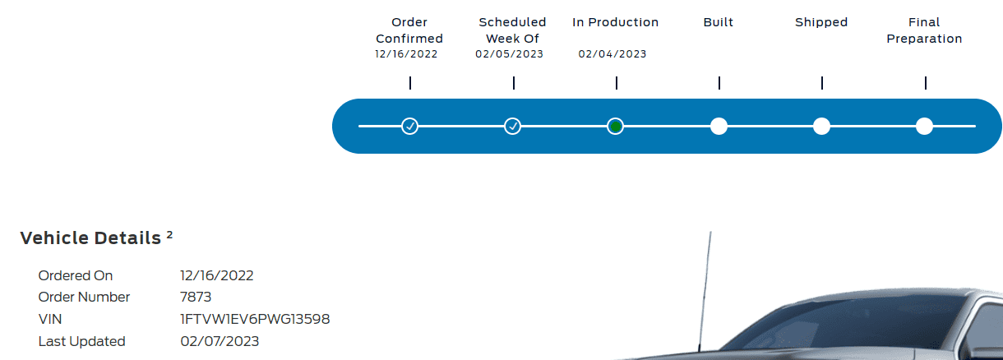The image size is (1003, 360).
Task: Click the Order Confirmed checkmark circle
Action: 409,126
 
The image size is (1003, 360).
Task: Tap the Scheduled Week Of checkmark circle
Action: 512,126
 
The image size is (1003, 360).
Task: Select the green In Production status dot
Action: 615,126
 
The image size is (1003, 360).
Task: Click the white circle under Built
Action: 719,126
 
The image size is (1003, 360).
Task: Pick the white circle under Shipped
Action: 821,126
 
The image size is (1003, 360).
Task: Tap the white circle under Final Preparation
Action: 924,126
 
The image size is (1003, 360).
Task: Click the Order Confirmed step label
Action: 409,30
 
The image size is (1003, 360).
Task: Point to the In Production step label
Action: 615,22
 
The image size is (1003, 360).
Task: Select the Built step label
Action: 719,22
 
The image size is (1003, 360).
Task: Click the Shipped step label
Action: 821,22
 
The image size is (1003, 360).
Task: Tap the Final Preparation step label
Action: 924,30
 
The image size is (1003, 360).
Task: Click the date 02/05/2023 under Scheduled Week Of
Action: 510,54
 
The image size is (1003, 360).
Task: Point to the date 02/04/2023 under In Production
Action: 612,54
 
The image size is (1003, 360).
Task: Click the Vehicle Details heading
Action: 90,238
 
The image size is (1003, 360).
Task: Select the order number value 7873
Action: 196,298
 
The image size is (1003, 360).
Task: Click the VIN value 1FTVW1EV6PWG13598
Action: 255,319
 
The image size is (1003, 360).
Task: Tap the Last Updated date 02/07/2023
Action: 220,341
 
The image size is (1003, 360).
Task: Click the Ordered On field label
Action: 76,275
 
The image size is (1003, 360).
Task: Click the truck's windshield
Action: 863,329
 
